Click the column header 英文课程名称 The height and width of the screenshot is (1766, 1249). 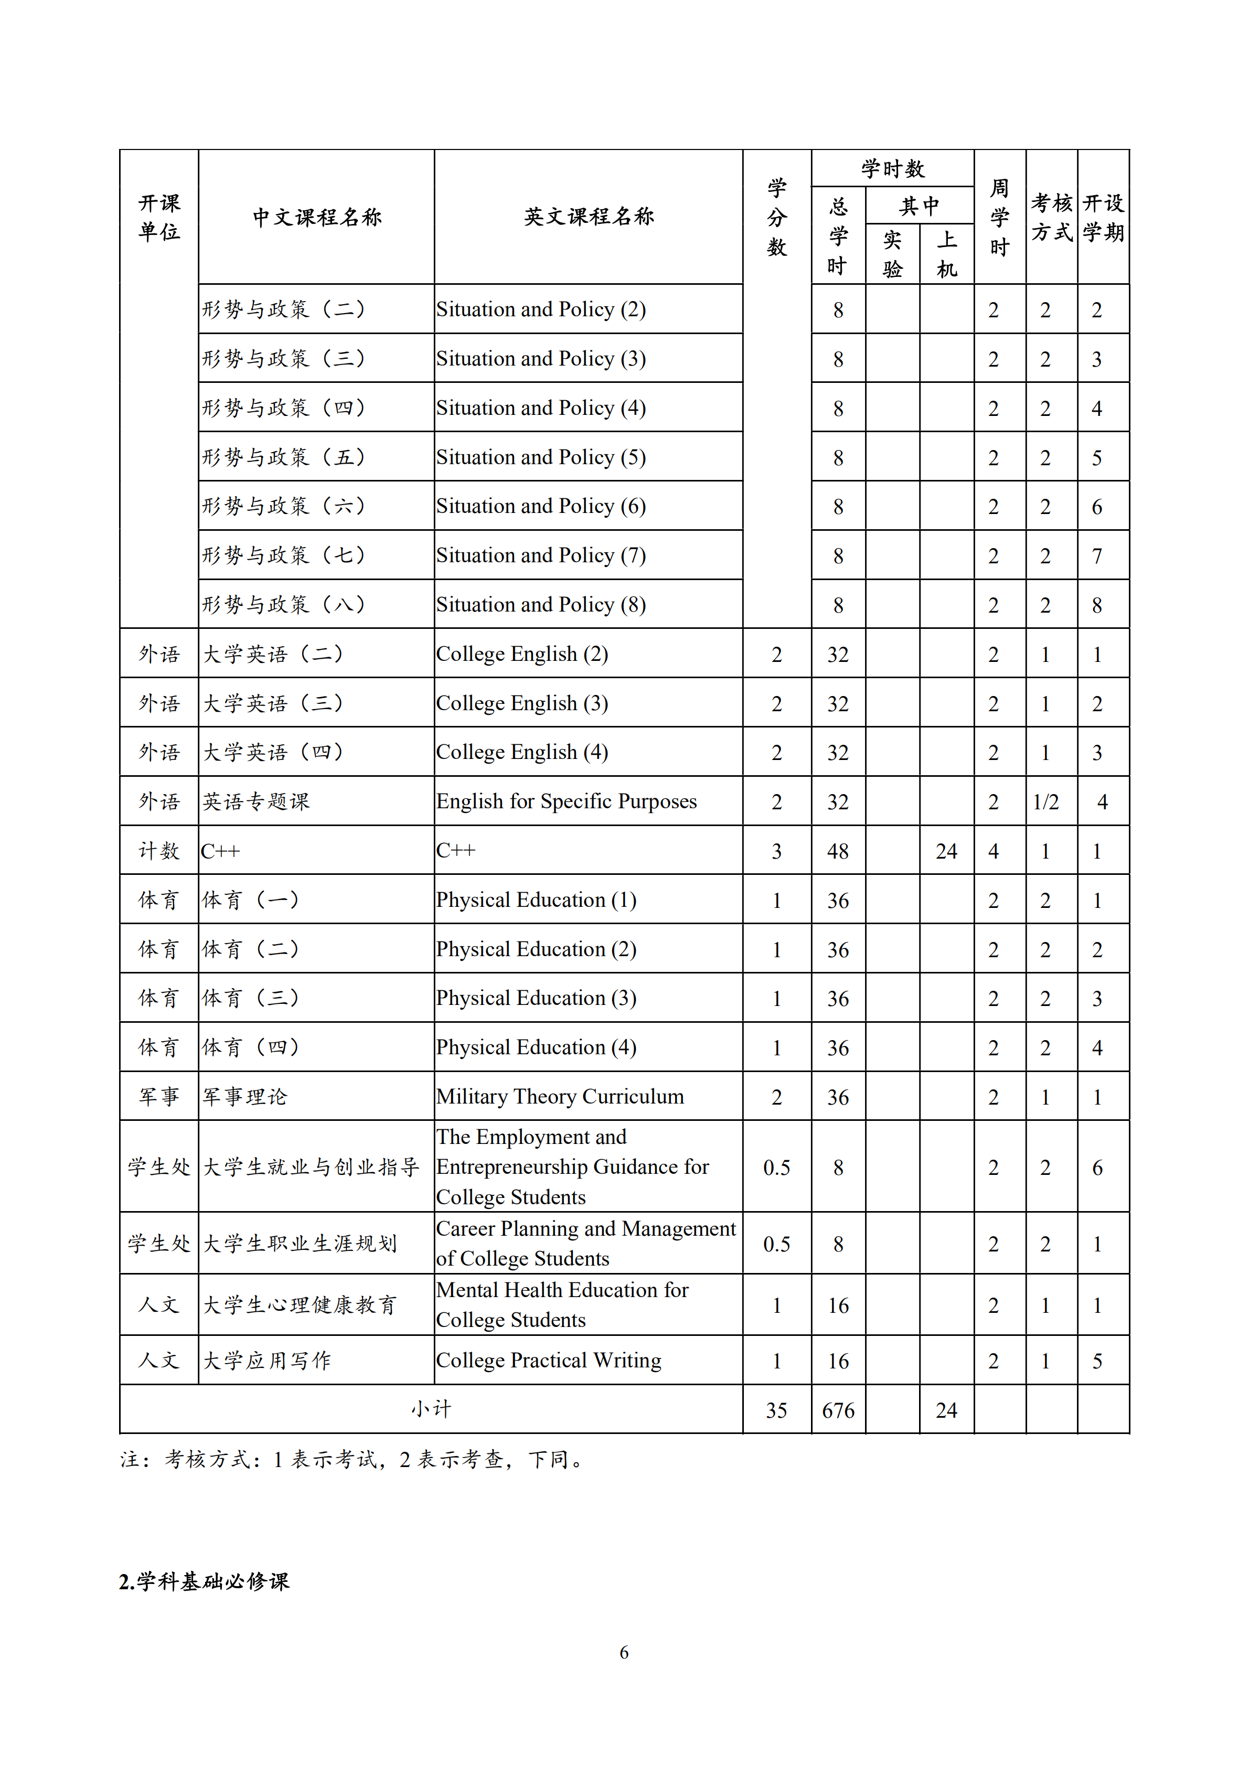click(x=589, y=217)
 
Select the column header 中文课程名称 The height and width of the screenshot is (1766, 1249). click(x=316, y=217)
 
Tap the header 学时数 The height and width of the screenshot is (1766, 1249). click(x=892, y=168)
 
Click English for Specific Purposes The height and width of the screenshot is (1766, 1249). click(x=566, y=801)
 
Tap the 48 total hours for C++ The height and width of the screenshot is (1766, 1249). click(x=838, y=851)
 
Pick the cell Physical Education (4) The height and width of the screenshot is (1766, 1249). click(x=536, y=1047)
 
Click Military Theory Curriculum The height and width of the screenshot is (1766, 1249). click(x=560, y=1097)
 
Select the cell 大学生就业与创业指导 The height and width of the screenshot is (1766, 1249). click(x=311, y=1167)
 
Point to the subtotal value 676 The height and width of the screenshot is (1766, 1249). click(x=838, y=1410)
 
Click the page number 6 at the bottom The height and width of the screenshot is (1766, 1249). click(x=624, y=1652)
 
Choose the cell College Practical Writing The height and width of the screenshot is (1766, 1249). click(x=548, y=1361)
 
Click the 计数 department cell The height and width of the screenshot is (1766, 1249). click(x=158, y=851)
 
